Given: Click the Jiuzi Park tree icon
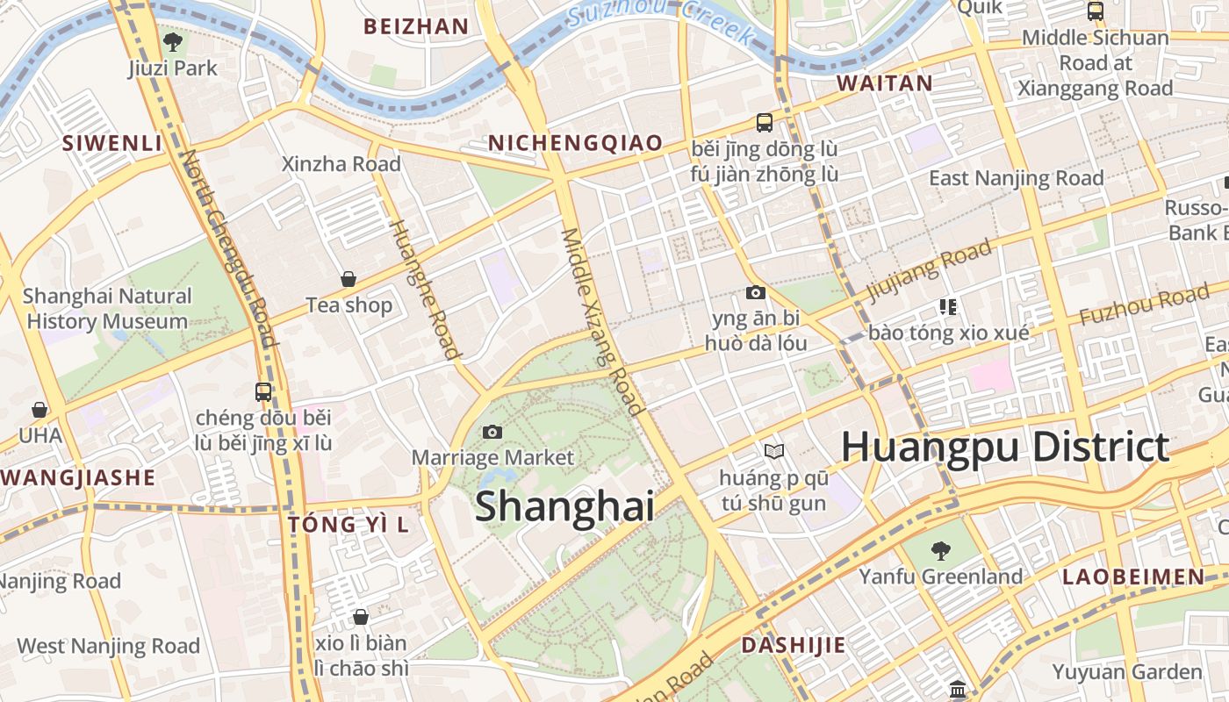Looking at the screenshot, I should pos(173,40).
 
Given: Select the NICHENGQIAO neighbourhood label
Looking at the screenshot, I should pos(575,143).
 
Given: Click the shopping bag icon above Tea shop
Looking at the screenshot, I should pos(349,279).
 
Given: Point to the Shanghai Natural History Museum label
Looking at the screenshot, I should pos(107,309).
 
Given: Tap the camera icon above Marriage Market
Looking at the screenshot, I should pos(492,432).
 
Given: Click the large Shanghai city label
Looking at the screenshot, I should pos(564,507).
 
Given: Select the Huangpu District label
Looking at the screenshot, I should pos(1005,447).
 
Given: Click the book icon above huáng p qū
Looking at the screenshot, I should pos(773,451).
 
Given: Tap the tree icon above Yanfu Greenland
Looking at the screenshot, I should pos(940,551).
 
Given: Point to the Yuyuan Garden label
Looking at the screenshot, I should pos(1127,672).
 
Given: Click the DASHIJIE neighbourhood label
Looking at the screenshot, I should pos(794,645).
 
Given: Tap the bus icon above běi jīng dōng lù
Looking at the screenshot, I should pos(764,123).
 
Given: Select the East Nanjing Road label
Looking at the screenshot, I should pos(1017,178).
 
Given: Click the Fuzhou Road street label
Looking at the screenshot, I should pos(1144,304).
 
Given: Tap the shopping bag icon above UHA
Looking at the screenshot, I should pos(40,410).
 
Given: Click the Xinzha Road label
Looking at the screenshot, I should pos(341,164).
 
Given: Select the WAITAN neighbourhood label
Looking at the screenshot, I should pos(884,83).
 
